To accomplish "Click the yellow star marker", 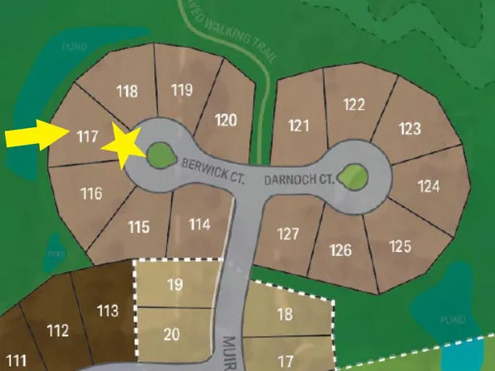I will pos(122,146).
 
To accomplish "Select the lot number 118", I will pos(127,92).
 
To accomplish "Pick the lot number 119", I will pos(181,90).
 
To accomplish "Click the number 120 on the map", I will pos(226,120).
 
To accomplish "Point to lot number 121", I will pos(299,126).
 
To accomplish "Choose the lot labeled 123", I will pos(409,128).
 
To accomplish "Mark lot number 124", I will pos(429,185).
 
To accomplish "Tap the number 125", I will pos(400,246).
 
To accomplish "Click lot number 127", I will pos(288,234).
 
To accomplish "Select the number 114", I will pos(199,224).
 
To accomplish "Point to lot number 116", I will pos(92,194).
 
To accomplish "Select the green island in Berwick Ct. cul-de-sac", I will pos(159,152).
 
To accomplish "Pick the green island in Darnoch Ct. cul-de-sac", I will pos(353,174).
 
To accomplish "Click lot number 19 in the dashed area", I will pos(174,284).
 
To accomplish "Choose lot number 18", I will pos(284,314).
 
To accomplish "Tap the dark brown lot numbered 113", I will pos(108,311).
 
